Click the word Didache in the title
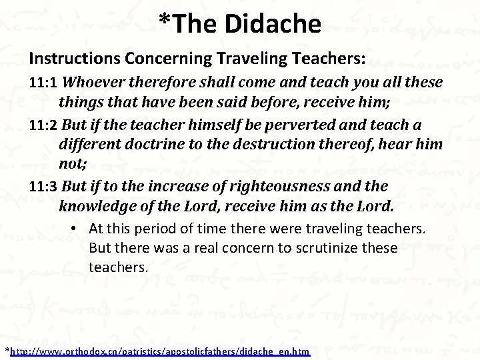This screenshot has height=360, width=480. click(280, 23)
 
